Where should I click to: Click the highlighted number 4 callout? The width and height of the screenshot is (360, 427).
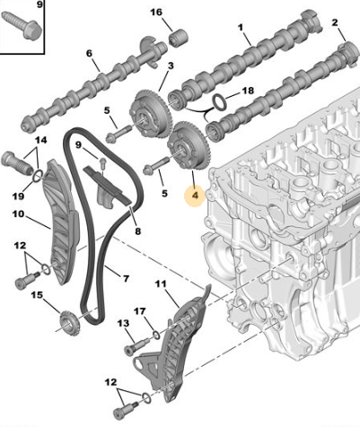pyautogui.click(x=195, y=196)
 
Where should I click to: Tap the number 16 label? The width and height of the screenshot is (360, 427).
pyautogui.click(x=156, y=13)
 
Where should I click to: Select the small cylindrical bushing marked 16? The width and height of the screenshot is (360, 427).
pyautogui.click(x=179, y=38)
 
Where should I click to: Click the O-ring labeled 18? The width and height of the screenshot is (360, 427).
pyautogui.click(x=219, y=102)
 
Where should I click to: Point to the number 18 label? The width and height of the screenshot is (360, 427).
pyautogui.click(x=248, y=90)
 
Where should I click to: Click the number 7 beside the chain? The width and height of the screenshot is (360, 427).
pyautogui.click(x=126, y=279)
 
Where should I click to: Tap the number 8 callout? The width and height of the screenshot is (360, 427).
pyautogui.click(x=137, y=231)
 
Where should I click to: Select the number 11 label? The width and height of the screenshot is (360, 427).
pyautogui.click(x=161, y=283)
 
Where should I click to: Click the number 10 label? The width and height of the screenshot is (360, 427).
pyautogui.click(x=18, y=214)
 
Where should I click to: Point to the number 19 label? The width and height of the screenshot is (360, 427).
pyautogui.click(x=18, y=196)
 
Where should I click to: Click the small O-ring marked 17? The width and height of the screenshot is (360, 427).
pyautogui.click(x=156, y=335)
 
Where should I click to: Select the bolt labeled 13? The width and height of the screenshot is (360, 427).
pyautogui.click(x=137, y=345)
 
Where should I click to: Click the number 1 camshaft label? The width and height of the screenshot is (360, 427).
pyautogui.click(x=241, y=28)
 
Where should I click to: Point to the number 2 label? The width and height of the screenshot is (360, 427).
pyautogui.click(x=335, y=22)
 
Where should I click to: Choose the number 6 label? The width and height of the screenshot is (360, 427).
pyautogui.click(x=89, y=54)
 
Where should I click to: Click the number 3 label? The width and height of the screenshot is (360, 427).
pyautogui.click(x=171, y=65)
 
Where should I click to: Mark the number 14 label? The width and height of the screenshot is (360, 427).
pyautogui.click(x=41, y=140)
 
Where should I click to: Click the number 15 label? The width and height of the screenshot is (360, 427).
pyautogui.click(x=37, y=295)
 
